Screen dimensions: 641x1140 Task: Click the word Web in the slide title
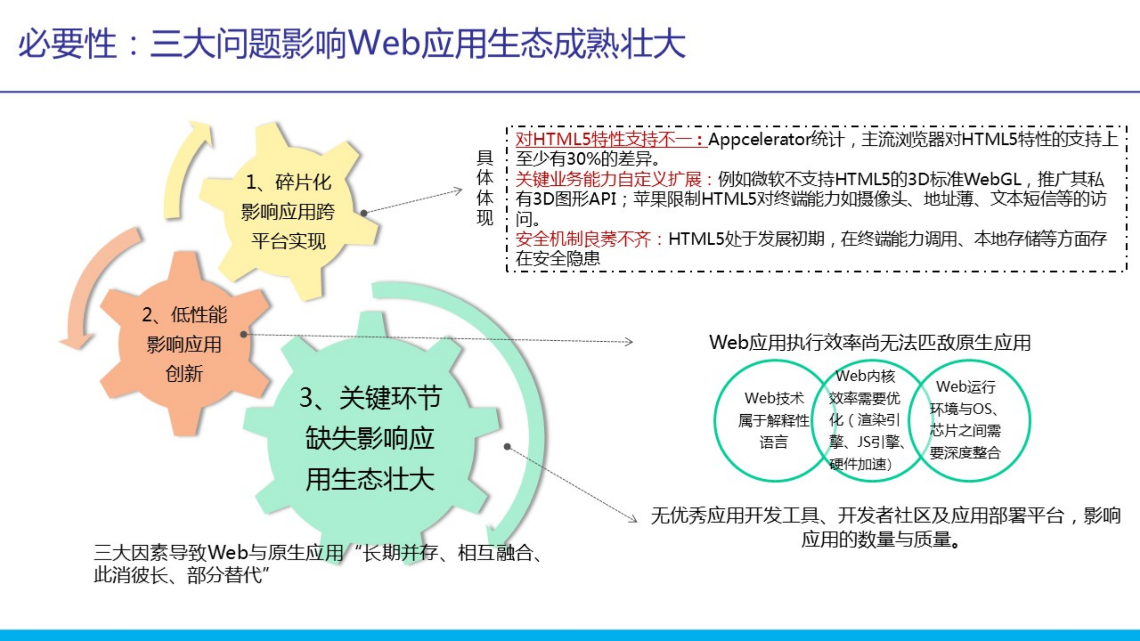pyautogui.click(x=384, y=44)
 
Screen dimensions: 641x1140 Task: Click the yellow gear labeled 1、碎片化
pyautogui.click(x=288, y=211)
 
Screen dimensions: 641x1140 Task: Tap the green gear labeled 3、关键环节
pyautogui.click(x=370, y=439)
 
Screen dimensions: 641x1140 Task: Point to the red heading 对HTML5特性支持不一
pyautogui.click(x=609, y=140)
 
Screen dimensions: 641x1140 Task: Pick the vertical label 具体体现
pyautogui.click(x=485, y=188)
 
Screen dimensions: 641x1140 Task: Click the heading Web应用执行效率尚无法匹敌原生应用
pyautogui.click(x=870, y=343)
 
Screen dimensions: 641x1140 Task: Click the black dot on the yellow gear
pyautogui.click(x=364, y=213)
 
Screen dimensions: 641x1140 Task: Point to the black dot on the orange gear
pyautogui.click(x=243, y=334)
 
